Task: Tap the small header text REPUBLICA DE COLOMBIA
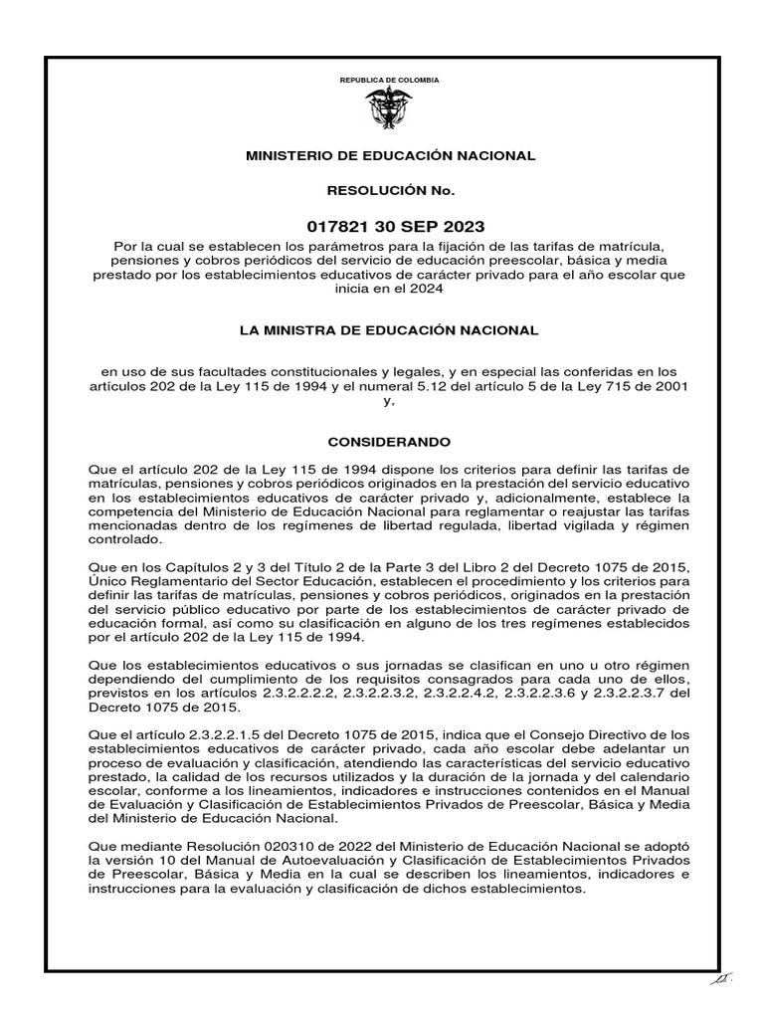[389, 80]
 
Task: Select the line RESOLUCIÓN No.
[389, 189]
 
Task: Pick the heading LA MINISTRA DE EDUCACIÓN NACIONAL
[389, 329]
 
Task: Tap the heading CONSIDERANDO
[389, 440]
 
